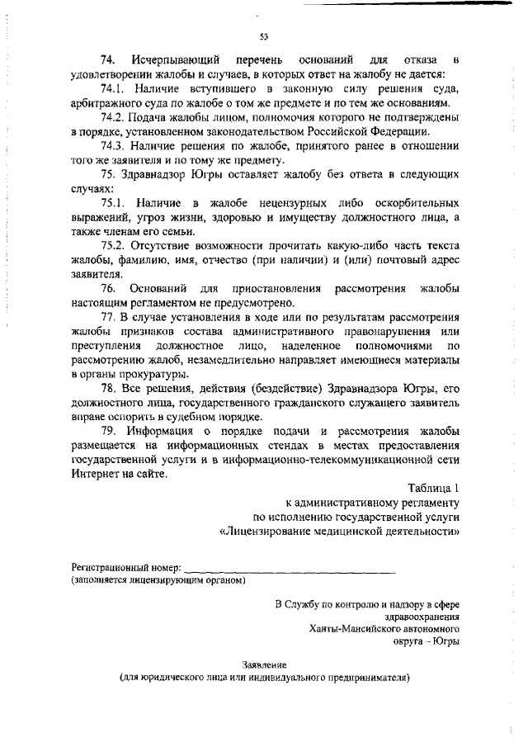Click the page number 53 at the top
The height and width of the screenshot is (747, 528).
[x=264, y=36]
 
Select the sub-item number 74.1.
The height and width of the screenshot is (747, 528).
[x=112, y=88]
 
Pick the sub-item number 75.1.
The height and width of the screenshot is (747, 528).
[x=112, y=202]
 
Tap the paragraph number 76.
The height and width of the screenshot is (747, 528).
[x=108, y=289]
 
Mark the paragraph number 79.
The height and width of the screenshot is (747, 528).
[x=108, y=431]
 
